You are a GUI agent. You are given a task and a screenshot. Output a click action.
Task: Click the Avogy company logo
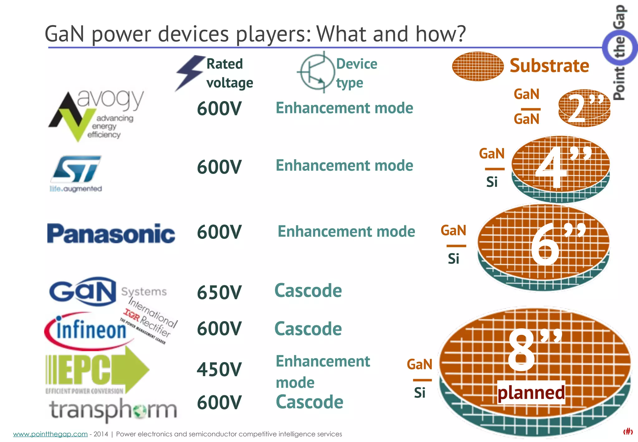coord(93,115)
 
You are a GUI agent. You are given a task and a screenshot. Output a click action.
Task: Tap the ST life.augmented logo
coord(76,173)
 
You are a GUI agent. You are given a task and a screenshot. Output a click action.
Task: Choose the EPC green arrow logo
coord(97,371)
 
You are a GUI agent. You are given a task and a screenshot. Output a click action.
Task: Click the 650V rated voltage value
coord(219,292)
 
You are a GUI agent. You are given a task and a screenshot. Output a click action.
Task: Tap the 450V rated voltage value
coord(219,369)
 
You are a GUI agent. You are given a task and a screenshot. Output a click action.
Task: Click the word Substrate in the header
coord(549,66)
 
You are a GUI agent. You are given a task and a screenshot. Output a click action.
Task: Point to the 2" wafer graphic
coord(584,108)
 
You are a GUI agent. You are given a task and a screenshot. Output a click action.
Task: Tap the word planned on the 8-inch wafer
coord(531,392)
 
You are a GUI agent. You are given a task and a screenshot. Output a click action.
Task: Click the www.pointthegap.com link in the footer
coord(50,434)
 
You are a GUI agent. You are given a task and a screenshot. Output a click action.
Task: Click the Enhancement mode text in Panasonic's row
coord(346,231)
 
